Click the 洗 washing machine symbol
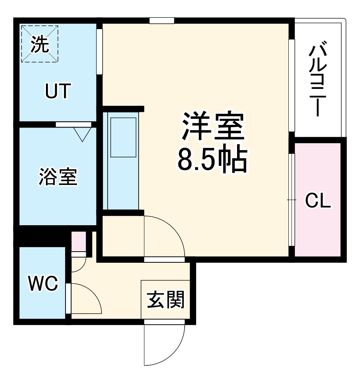(40, 44)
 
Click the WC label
(43, 284)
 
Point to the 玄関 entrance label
(166, 300)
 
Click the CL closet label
(317, 200)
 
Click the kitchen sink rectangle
(123, 137)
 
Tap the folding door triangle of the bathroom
(81, 134)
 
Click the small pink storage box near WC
(79, 241)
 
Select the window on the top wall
(162, 20)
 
